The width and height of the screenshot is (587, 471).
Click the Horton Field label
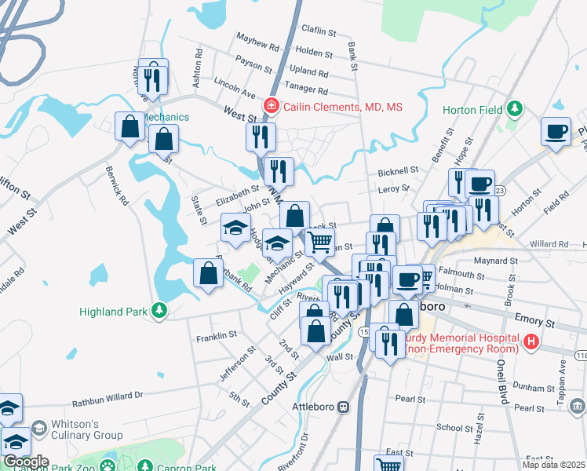[x=472, y=110]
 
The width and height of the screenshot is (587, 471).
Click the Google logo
[x=25, y=462]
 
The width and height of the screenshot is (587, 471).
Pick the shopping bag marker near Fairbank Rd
[x=208, y=274]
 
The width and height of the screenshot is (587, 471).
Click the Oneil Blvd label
[x=499, y=368]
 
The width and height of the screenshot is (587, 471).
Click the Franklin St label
[x=217, y=335]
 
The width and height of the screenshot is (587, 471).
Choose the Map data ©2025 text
[x=553, y=465]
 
